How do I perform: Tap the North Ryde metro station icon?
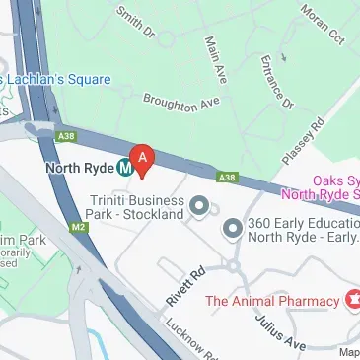pyautogui.click(x=125, y=168)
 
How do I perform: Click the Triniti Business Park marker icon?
pyautogui.click(x=199, y=206)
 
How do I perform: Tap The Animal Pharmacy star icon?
pyautogui.click(x=349, y=299)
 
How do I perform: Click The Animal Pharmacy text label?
pyautogui.click(x=271, y=299)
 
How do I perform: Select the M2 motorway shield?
pyautogui.click(x=78, y=227)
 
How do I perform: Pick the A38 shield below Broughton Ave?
pyautogui.click(x=227, y=177)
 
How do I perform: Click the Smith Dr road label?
pyautogui.click(x=135, y=21)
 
